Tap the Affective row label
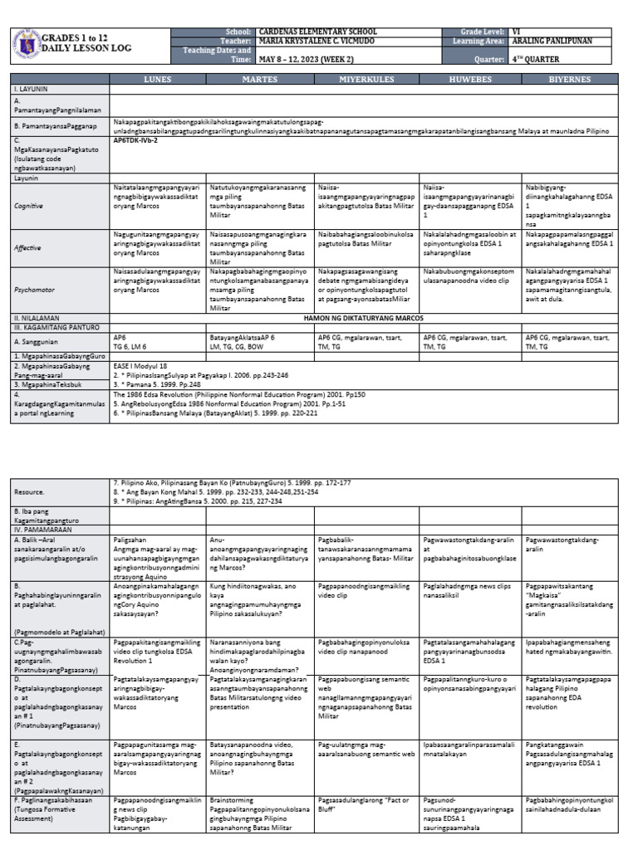(x=30, y=247)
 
